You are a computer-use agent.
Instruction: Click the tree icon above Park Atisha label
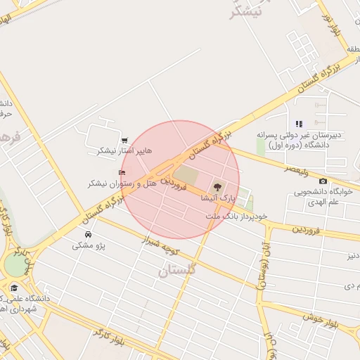click(217, 187)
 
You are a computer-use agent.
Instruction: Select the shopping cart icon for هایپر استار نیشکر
click(125, 140)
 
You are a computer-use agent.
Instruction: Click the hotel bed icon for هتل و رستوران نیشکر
click(122, 172)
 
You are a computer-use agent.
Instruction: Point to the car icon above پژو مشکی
click(88, 234)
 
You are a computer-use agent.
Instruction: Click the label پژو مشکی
click(89, 246)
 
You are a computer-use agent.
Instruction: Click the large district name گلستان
click(177, 270)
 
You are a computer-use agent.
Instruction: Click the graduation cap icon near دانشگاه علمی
click(14, 288)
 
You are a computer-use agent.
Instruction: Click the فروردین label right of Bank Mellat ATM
click(307, 230)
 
